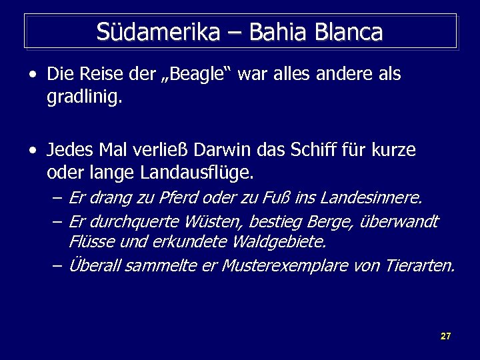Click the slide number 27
pos(446,336)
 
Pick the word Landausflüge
pos(197,174)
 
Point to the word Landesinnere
pos(371,198)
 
